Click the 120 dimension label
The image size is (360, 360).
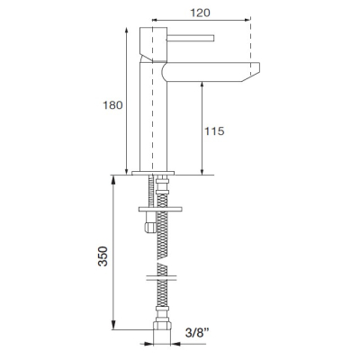200,13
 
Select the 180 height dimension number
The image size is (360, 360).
112,105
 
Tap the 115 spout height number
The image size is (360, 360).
214,131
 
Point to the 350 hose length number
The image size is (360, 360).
103,256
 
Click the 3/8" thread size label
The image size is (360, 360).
197,332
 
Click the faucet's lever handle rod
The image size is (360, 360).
191,38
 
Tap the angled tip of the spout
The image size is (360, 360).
251,72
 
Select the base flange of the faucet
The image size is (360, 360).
153,173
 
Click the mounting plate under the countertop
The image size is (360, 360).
160,209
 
